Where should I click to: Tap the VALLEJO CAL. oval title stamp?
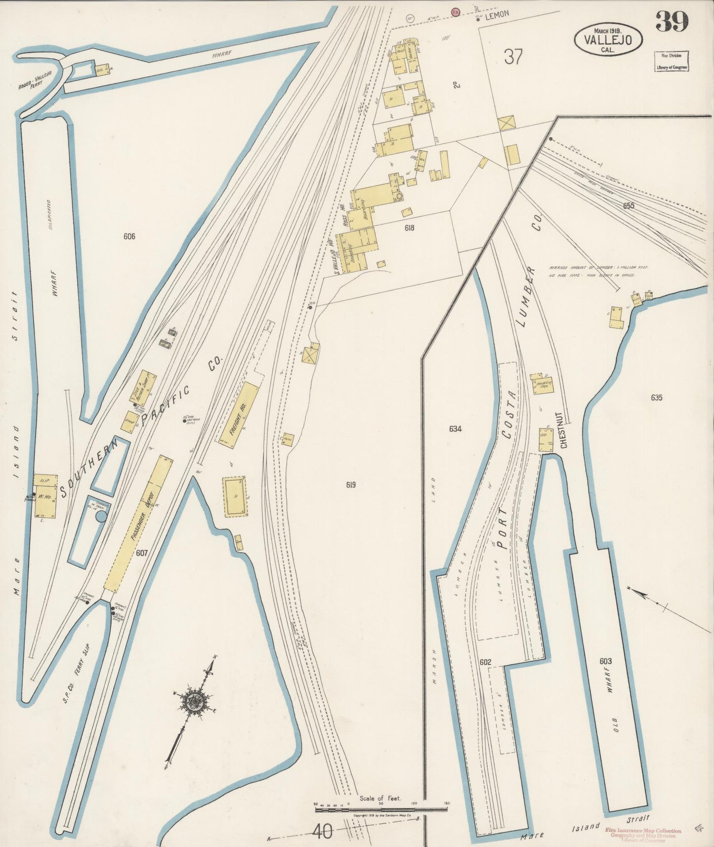[608, 38]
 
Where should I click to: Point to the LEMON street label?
[497, 15]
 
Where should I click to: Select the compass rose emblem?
[190, 701]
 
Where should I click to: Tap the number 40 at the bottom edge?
[321, 833]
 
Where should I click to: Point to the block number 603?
[604, 661]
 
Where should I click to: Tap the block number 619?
[350, 485]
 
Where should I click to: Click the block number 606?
[129, 236]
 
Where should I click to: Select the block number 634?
[455, 429]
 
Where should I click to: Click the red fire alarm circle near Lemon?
[455, 10]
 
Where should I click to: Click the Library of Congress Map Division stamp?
[671, 61]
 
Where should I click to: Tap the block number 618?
[409, 228]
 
